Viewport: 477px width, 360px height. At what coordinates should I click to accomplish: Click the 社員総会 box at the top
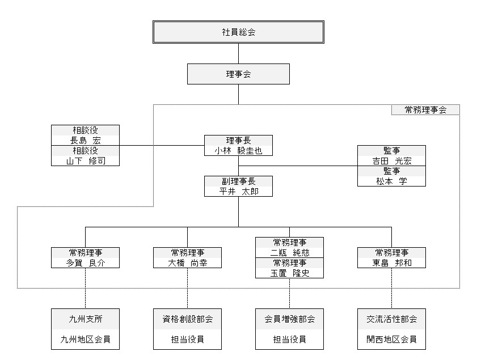pos(238,32)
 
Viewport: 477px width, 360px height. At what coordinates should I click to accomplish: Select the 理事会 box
pos(238,74)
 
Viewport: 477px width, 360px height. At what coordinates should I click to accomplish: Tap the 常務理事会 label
pos(425,110)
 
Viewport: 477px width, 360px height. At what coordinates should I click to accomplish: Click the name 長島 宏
pos(85,140)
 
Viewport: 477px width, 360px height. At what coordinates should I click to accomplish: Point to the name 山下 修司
pos(85,161)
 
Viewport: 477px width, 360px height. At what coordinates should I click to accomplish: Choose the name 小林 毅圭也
pos(238,150)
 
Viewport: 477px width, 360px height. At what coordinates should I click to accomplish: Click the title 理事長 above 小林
pos(238,140)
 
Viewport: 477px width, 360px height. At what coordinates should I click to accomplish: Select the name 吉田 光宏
pos(391,160)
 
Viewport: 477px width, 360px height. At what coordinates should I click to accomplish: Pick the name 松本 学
pos(391,181)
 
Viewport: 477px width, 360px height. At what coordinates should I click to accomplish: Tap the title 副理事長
pos(238,181)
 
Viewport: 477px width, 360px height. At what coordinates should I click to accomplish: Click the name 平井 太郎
pos(238,191)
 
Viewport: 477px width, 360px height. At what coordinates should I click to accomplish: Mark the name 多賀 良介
pos(85,262)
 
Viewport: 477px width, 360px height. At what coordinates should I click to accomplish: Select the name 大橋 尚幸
pos(187,262)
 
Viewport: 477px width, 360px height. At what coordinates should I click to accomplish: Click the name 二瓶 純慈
pos(289,252)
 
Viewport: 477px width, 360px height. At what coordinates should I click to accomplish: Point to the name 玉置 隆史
pos(289,273)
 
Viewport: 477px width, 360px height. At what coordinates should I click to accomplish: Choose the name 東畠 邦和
pos(391,262)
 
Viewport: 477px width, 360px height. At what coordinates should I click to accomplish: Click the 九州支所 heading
pos(85,319)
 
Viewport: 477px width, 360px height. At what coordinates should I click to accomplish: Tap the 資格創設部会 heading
pos(187,319)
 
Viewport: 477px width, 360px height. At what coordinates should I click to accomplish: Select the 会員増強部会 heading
pos(289,319)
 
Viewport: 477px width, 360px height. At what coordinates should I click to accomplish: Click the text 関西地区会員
pos(391,340)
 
